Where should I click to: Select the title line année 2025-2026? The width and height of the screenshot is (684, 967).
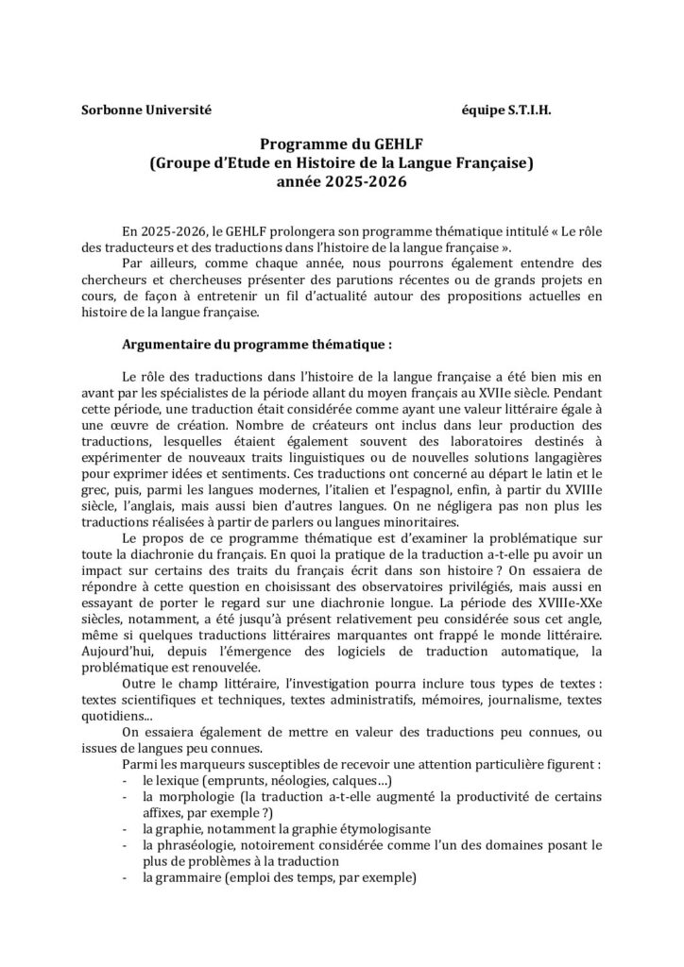[x=341, y=181]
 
